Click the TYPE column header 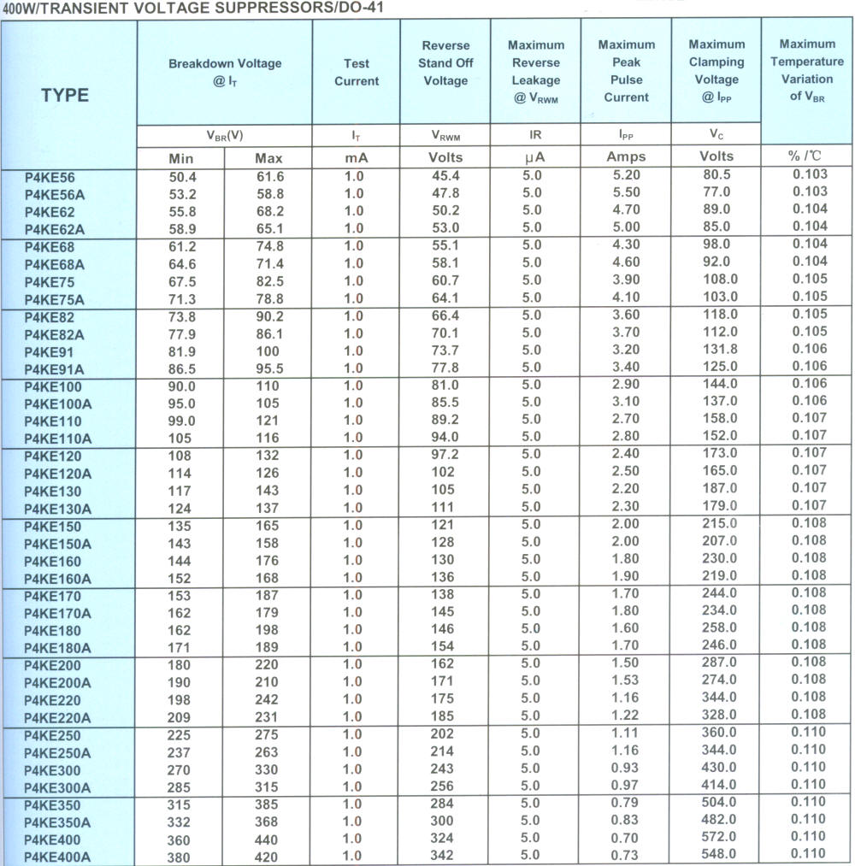pyautogui.click(x=65, y=94)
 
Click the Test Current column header pyautogui.click(x=357, y=72)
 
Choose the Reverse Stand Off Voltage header pyautogui.click(x=445, y=62)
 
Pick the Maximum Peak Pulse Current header pyautogui.click(x=626, y=71)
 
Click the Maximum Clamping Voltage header pyautogui.click(x=716, y=71)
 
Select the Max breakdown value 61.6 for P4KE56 pyautogui.click(x=268, y=176)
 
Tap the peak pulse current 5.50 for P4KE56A pyautogui.click(x=626, y=193)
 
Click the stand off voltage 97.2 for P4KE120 pyautogui.click(x=445, y=455)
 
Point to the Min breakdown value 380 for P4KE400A pyautogui.click(x=180, y=856)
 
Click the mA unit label pyautogui.click(x=356, y=157)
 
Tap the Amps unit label pyautogui.click(x=626, y=156)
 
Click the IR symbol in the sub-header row pyautogui.click(x=535, y=135)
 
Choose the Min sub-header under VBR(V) pyautogui.click(x=180, y=158)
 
